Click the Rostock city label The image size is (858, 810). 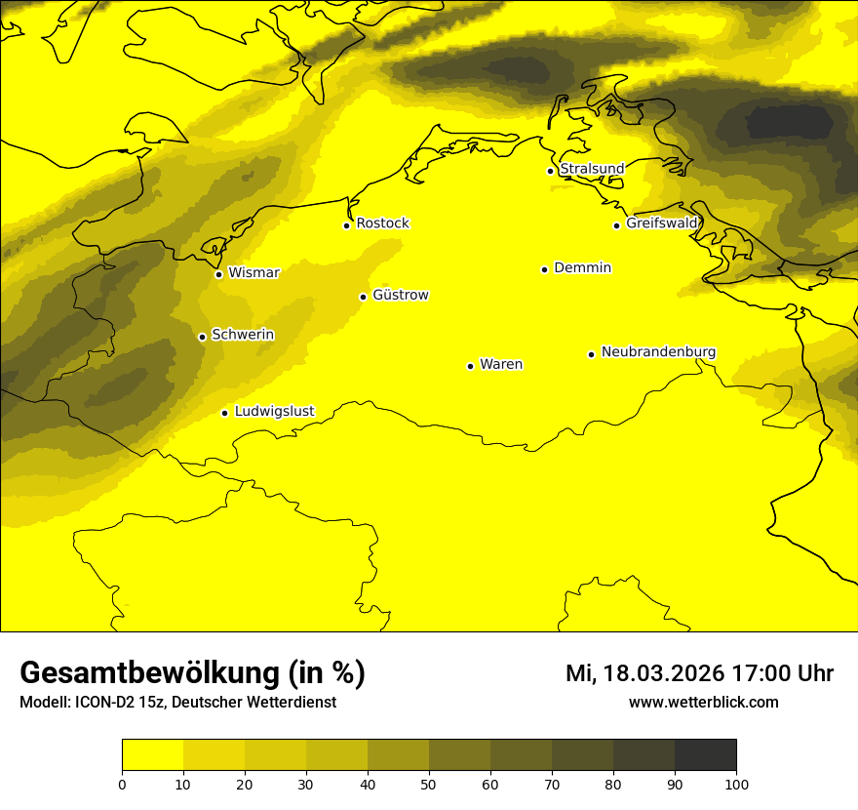[x=382, y=223]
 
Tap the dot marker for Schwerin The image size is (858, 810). [x=202, y=337]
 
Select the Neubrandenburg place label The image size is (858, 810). [x=658, y=352]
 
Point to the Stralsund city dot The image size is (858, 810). [x=550, y=171]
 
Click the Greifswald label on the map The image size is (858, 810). [x=662, y=223]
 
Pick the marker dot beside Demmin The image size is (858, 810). [x=544, y=269]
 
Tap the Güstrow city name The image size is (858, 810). [x=400, y=295]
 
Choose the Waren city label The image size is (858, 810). [x=500, y=365]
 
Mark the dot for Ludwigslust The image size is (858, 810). [x=224, y=413]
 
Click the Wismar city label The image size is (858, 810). [x=253, y=273]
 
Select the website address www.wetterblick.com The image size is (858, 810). [x=703, y=703]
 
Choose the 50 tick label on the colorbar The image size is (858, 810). [x=429, y=784]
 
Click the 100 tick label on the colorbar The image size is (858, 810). [x=736, y=784]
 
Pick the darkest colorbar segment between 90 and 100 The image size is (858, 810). [x=705, y=754]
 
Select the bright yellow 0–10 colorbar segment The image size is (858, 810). [x=152, y=754]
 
